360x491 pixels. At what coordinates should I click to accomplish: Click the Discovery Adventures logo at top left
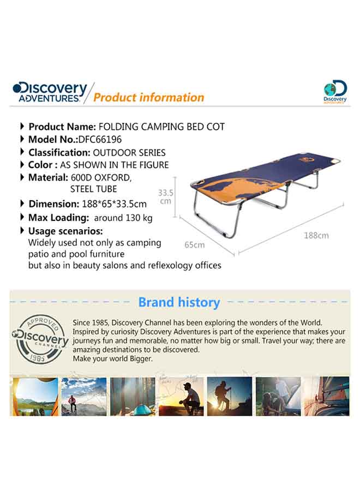pyautogui.click(x=50, y=92)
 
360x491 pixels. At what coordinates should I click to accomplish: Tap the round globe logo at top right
pyautogui.click(x=335, y=92)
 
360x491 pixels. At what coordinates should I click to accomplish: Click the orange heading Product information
pyautogui.click(x=149, y=98)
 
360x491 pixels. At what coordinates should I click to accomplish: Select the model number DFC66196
pyautogui.click(x=100, y=139)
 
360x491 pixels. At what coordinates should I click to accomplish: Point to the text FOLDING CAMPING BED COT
pyautogui.click(x=161, y=127)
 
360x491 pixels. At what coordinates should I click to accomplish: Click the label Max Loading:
pyautogui.click(x=59, y=218)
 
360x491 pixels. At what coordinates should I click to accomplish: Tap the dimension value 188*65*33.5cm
pyautogui.click(x=114, y=204)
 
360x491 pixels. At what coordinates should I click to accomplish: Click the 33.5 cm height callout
pyautogui.click(x=166, y=196)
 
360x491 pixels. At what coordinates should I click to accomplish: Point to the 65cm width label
pyautogui.click(x=194, y=245)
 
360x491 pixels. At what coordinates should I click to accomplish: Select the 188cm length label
pyautogui.click(x=316, y=236)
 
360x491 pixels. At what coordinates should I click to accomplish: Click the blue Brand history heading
pyautogui.click(x=179, y=302)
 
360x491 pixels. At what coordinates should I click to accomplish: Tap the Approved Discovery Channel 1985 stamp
pyautogui.click(x=40, y=339)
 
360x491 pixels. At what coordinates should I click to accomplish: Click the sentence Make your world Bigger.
pyautogui.click(x=113, y=359)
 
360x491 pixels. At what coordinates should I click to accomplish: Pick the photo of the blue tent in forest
pyautogui.click(x=133, y=396)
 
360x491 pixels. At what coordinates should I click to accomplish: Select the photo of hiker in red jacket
pyautogui.click(x=84, y=396)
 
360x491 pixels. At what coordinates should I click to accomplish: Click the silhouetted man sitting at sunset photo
pyautogui.click(x=181, y=396)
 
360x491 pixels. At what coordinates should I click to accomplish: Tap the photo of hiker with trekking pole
pyautogui.click(x=230, y=396)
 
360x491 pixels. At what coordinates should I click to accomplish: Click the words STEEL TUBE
pyautogui.click(x=94, y=189)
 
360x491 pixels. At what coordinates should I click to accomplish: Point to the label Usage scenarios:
pyautogui.click(x=65, y=231)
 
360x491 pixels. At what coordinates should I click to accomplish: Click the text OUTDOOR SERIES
pyautogui.click(x=129, y=153)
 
